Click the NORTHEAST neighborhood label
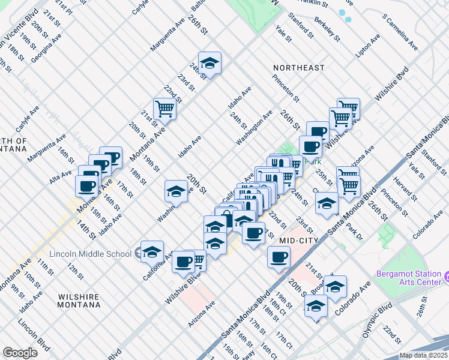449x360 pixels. [x=298, y=68]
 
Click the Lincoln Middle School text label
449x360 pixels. [x=91, y=254]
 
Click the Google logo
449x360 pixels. [x=20, y=353]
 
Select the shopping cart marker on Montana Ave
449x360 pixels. [x=164, y=109]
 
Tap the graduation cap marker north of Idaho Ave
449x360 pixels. [x=209, y=63]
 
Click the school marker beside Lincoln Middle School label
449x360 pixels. [x=152, y=251]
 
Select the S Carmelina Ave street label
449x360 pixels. [x=400, y=33]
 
